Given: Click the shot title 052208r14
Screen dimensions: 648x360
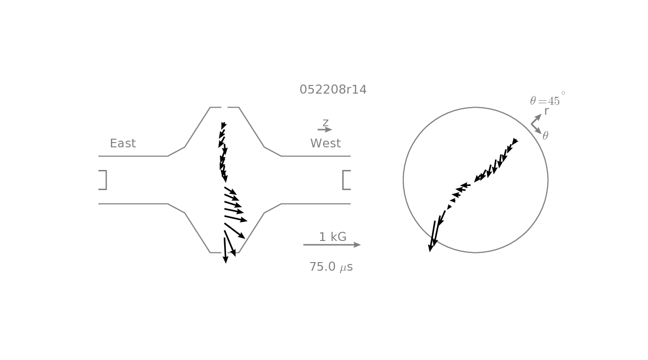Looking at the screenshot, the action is [333, 90].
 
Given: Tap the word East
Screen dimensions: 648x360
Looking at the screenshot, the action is [123, 144].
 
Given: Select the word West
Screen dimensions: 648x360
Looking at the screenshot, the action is [325, 144].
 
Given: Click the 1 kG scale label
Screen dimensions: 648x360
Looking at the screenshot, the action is [333, 237].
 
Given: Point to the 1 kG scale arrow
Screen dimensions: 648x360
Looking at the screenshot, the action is [332, 245].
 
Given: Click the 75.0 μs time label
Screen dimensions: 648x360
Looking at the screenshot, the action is [331, 267].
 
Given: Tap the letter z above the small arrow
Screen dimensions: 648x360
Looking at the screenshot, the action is [325, 123].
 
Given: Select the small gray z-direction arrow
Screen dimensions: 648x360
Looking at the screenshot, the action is [324, 130].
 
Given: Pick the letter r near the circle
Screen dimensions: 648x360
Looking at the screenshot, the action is [546, 111].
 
